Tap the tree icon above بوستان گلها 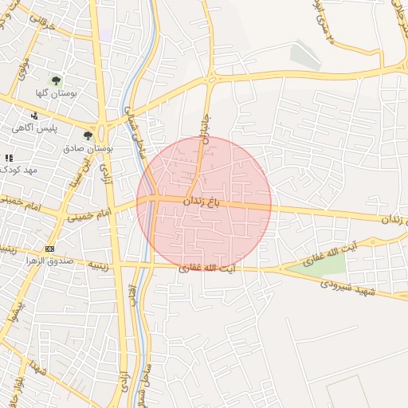pyautogui.click(x=56, y=80)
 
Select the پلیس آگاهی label pyautogui.click(x=33, y=127)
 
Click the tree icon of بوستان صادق pyautogui.click(x=88, y=136)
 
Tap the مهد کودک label pyautogui.click(x=19, y=170)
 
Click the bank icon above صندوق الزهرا pyautogui.click(x=50, y=249)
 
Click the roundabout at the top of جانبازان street pyautogui.click(x=211, y=79)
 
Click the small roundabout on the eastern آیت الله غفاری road pyautogui.click(x=371, y=241)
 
